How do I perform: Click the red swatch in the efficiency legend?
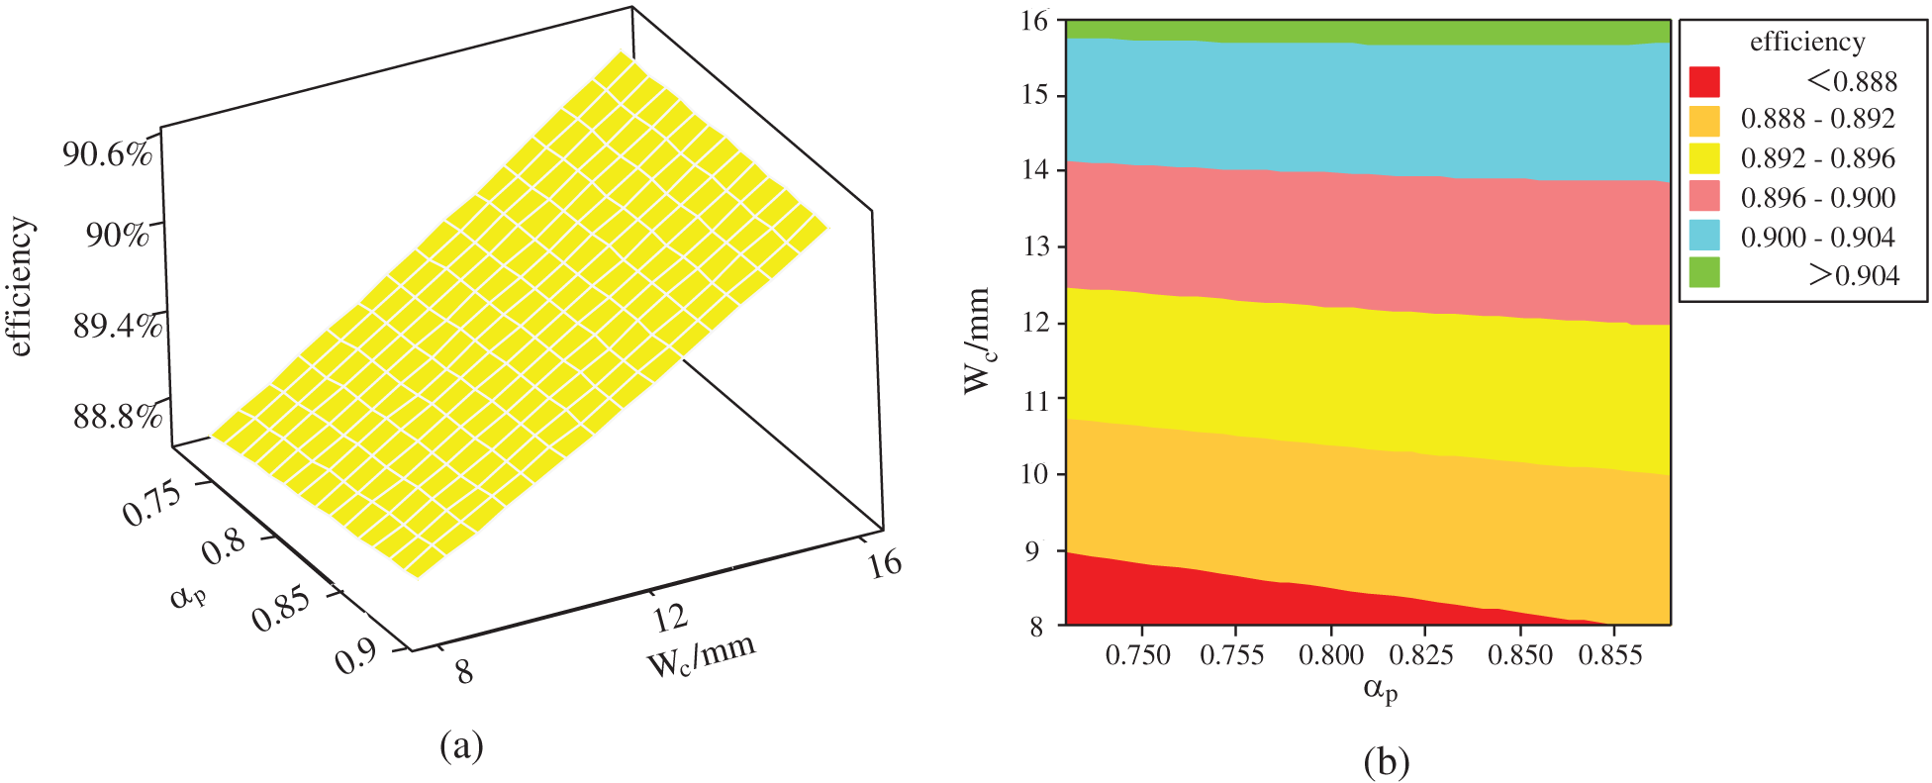pyautogui.click(x=1704, y=81)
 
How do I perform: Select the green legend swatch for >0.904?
pyautogui.click(x=1704, y=273)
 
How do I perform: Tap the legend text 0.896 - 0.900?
pyautogui.click(x=1817, y=198)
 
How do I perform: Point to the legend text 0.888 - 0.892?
pyautogui.click(x=1817, y=120)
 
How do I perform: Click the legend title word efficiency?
pyautogui.click(x=1807, y=43)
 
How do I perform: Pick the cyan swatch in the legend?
pyautogui.click(x=1704, y=236)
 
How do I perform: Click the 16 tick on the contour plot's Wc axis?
pyautogui.click(x=1038, y=21)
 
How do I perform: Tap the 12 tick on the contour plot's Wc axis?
pyautogui.click(x=1038, y=324)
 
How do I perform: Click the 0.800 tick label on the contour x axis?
pyautogui.click(x=1331, y=655)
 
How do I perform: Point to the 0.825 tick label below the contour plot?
pyautogui.click(x=1423, y=655)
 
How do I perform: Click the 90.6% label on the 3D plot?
pyautogui.click(x=107, y=155)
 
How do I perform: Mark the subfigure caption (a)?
pyautogui.click(x=461, y=744)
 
